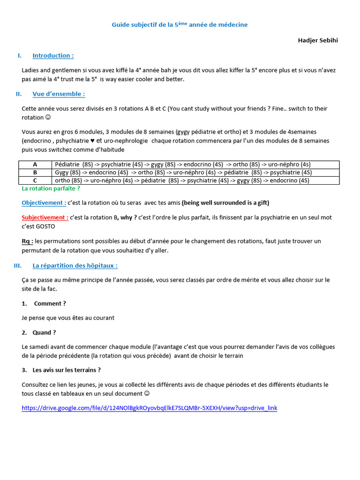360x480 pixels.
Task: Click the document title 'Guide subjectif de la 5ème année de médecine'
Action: tap(180, 25)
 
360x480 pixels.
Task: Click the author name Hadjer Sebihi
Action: tap(318, 40)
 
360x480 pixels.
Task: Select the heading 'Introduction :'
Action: tap(53, 56)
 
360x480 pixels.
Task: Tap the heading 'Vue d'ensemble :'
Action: tap(59, 94)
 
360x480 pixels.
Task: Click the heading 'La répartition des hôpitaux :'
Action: tap(75, 266)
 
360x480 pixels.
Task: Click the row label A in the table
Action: tap(35, 165)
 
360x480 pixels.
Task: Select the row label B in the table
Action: tap(35, 172)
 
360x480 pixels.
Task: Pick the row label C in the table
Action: tap(35, 180)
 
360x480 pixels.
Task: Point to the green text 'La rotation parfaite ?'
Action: tap(51, 188)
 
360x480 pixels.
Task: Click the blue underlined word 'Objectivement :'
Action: tap(44, 203)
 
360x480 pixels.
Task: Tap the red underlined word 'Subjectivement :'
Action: tap(45, 217)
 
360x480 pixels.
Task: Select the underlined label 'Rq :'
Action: tap(27, 241)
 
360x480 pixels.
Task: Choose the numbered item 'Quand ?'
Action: tap(44, 332)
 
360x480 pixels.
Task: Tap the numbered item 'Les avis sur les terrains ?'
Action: tap(67, 370)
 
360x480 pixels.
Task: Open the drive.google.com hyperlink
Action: tap(150, 408)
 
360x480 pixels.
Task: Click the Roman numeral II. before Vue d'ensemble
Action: tap(19, 94)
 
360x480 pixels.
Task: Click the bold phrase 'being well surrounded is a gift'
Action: tap(225, 203)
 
